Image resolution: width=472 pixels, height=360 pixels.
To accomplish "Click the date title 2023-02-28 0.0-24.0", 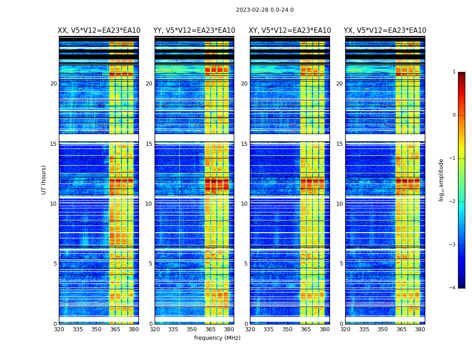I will [265, 10].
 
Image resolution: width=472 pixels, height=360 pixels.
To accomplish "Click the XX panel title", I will [99, 31].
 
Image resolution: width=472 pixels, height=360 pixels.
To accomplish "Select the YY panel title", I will [194, 31].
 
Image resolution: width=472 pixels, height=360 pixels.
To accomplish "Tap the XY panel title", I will [290, 31].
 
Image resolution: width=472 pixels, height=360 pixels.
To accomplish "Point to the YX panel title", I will [385, 31].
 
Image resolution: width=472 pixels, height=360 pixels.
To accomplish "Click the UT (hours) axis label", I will [44, 180].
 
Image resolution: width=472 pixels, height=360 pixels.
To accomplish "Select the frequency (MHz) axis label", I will [217, 338].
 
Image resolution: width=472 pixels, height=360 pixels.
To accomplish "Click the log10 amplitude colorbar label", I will [441, 180].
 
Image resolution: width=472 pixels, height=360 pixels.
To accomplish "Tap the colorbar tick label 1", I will [454, 72].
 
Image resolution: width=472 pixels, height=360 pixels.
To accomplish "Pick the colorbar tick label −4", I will [453, 288].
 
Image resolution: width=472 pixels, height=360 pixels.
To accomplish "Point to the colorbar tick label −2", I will [453, 202].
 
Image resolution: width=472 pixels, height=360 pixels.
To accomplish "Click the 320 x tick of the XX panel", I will [59, 329].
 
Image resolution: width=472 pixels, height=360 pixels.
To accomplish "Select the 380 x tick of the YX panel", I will [420, 329].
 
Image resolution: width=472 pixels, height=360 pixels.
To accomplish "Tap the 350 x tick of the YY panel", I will [192, 329].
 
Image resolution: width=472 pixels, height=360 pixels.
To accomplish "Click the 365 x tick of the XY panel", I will [306, 329].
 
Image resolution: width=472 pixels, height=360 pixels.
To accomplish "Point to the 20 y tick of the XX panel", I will [53, 84].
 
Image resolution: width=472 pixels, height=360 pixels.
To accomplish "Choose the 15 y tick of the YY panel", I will [149, 144].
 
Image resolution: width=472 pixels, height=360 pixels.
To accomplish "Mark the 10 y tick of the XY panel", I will [244, 204].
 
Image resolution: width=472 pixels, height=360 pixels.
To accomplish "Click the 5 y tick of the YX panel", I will [341, 264].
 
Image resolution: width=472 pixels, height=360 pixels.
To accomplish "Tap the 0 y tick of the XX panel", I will [55, 324].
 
